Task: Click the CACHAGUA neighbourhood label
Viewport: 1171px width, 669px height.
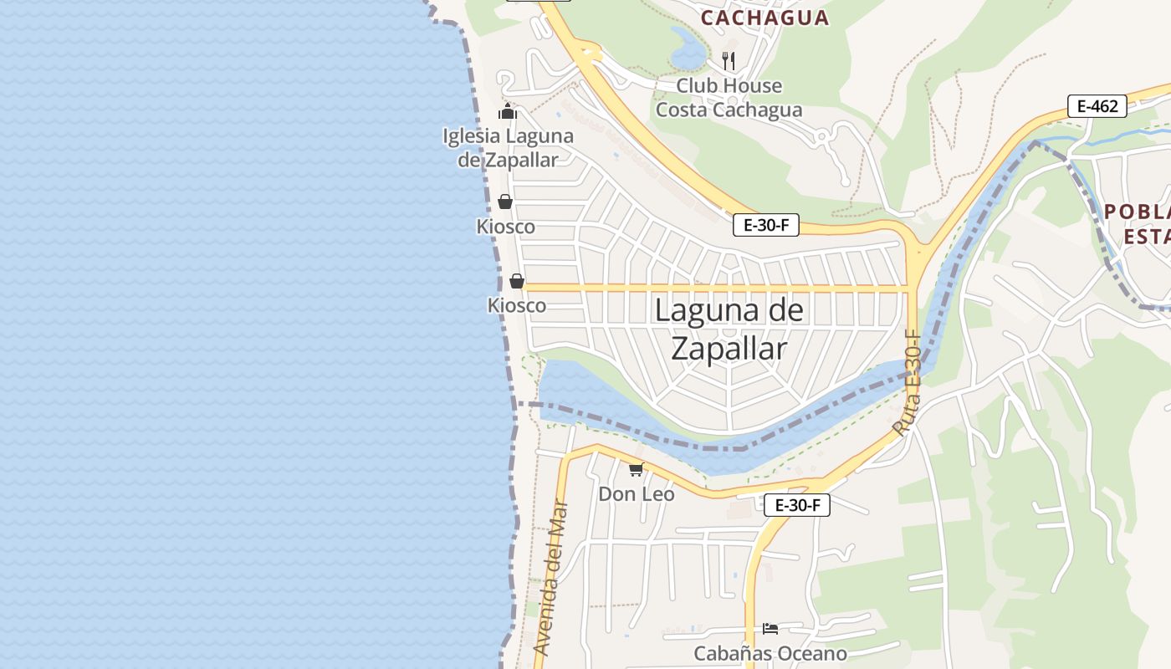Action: pyautogui.click(x=764, y=18)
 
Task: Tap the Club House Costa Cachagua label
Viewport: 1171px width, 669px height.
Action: pyautogui.click(x=729, y=98)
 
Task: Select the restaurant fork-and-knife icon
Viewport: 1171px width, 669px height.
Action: pyautogui.click(x=729, y=60)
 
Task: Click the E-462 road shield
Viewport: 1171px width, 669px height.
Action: pyautogui.click(x=1097, y=106)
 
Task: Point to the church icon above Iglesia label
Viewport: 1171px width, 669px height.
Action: pyautogui.click(x=508, y=111)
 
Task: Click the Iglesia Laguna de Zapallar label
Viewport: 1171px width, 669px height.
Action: pyautogui.click(x=508, y=148)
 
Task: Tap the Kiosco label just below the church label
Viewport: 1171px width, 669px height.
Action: pyautogui.click(x=505, y=227)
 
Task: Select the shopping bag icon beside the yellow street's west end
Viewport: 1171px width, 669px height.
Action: pyautogui.click(x=517, y=281)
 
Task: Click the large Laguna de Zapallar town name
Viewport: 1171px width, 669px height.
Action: pyautogui.click(x=729, y=329)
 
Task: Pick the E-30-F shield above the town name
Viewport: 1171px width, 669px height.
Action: pyautogui.click(x=766, y=225)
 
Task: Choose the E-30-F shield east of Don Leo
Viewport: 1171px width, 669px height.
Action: pyautogui.click(x=797, y=505)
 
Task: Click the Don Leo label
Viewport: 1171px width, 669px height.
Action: pyautogui.click(x=636, y=494)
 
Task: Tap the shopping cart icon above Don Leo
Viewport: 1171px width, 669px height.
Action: pyautogui.click(x=637, y=469)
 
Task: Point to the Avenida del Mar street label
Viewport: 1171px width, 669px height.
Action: pyautogui.click(x=551, y=577)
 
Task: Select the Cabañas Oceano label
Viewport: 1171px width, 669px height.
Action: pyautogui.click(x=770, y=653)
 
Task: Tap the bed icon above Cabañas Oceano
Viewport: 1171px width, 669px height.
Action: pyautogui.click(x=770, y=628)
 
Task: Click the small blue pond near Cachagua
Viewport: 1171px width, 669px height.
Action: pyautogui.click(x=688, y=50)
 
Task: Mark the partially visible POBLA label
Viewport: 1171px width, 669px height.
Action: pyautogui.click(x=1137, y=211)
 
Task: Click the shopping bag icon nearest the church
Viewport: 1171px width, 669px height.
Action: pyautogui.click(x=505, y=202)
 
